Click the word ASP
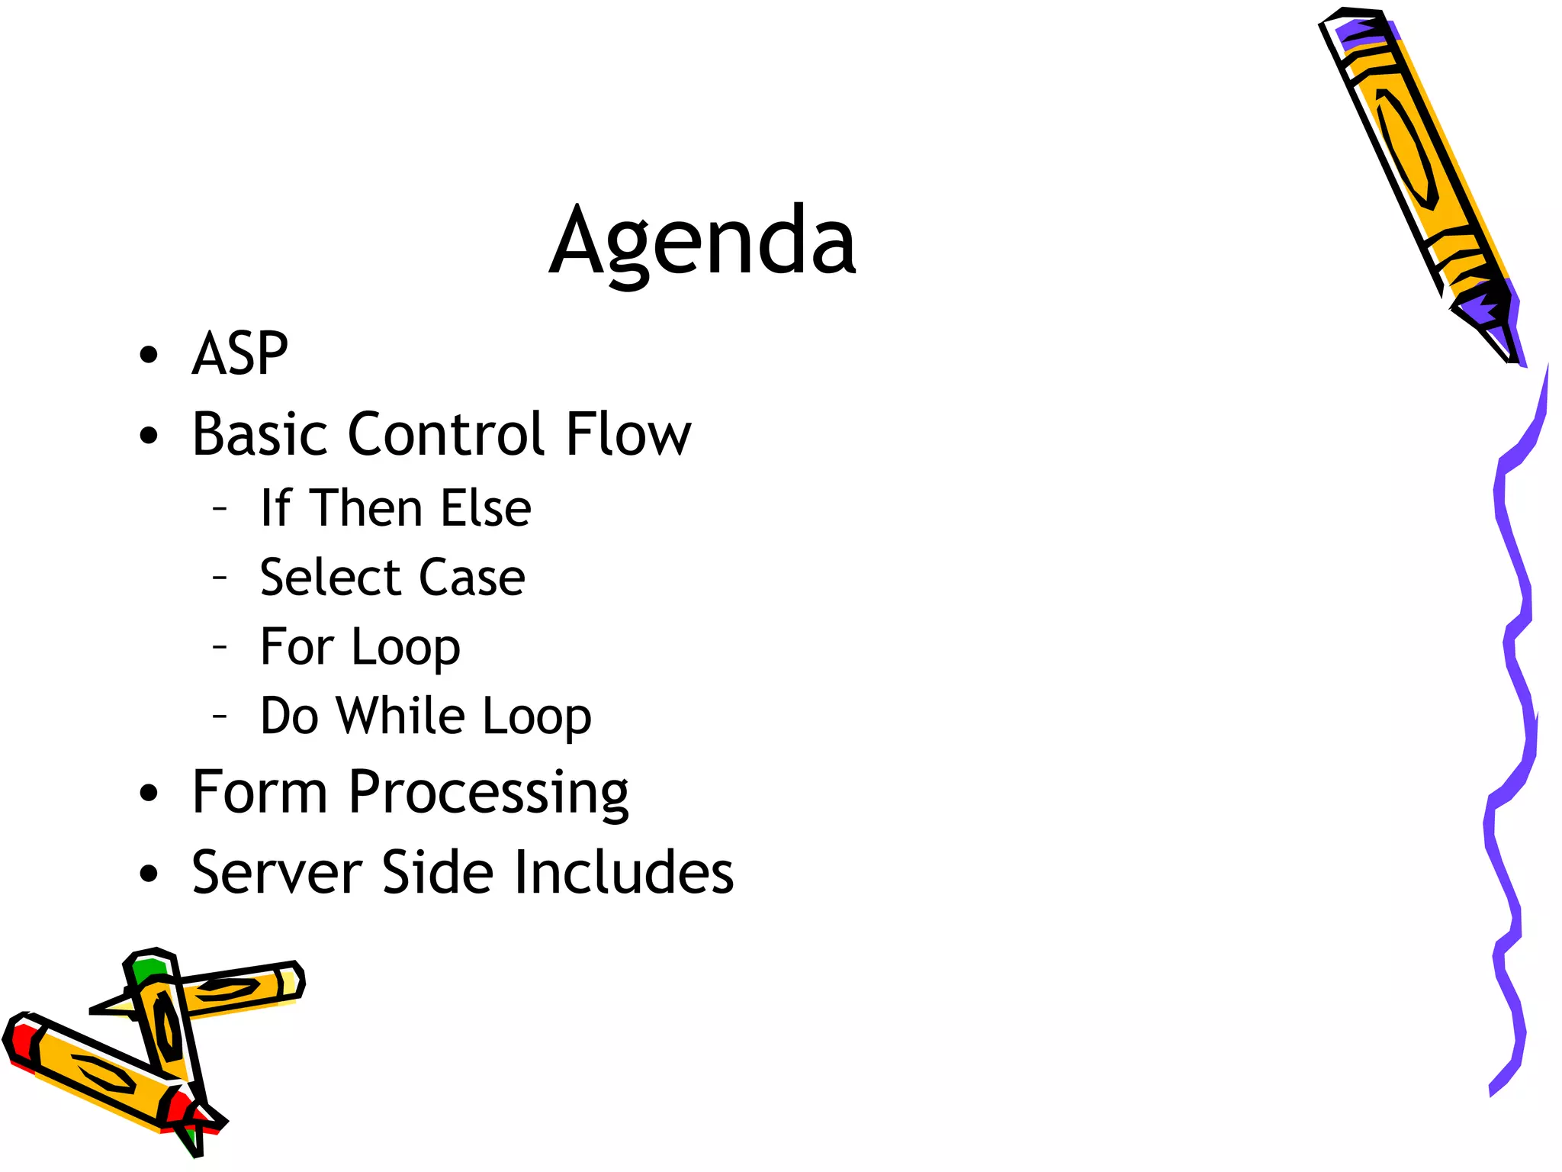[x=239, y=354]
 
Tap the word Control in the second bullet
[x=446, y=434]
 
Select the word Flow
[x=628, y=434]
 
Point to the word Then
[x=367, y=508]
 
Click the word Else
[x=486, y=508]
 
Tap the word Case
[x=472, y=578]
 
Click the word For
[x=297, y=647]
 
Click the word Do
[x=289, y=716]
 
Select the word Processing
[x=488, y=794]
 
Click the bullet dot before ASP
[x=149, y=355]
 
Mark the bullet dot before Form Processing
[x=149, y=793]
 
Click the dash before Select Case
[x=220, y=578]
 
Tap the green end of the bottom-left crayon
[x=148, y=969]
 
